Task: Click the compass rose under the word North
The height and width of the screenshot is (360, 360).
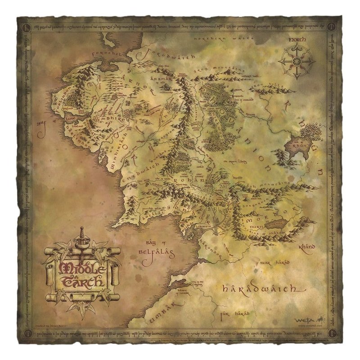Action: click(296, 61)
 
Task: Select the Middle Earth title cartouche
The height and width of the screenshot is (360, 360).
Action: click(81, 270)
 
